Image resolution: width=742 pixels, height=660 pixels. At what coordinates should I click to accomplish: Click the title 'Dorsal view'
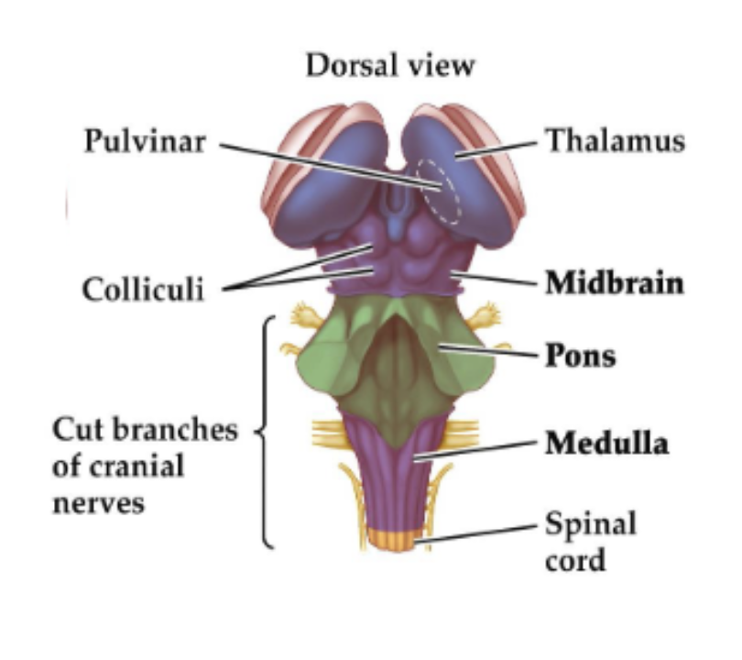coord(390,66)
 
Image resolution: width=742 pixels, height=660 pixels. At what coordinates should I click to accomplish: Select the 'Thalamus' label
coord(615,141)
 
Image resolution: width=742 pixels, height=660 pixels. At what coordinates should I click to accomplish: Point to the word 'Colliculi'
coord(143,289)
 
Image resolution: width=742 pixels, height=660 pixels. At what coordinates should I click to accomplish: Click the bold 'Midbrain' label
coord(615,282)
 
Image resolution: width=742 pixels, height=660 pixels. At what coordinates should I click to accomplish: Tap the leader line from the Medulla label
coord(476,447)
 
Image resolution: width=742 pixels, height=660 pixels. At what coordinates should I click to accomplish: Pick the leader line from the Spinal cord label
coord(476,534)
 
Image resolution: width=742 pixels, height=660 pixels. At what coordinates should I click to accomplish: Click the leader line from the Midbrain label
coord(495,278)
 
